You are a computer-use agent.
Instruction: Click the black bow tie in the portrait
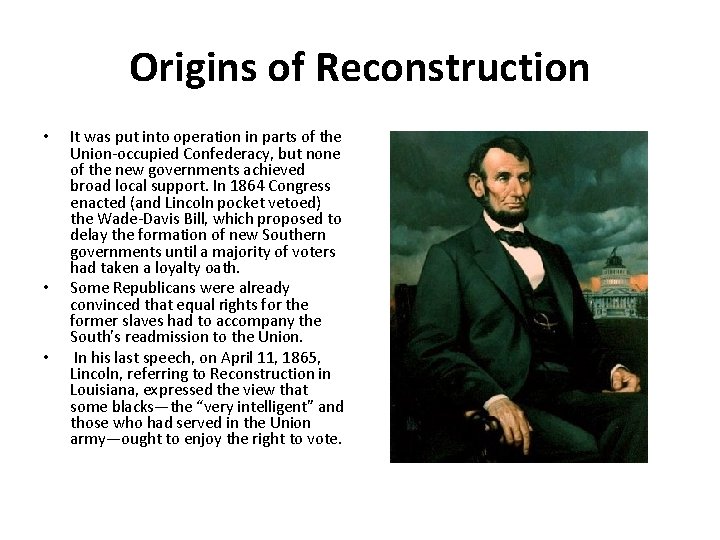pyautogui.click(x=515, y=239)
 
